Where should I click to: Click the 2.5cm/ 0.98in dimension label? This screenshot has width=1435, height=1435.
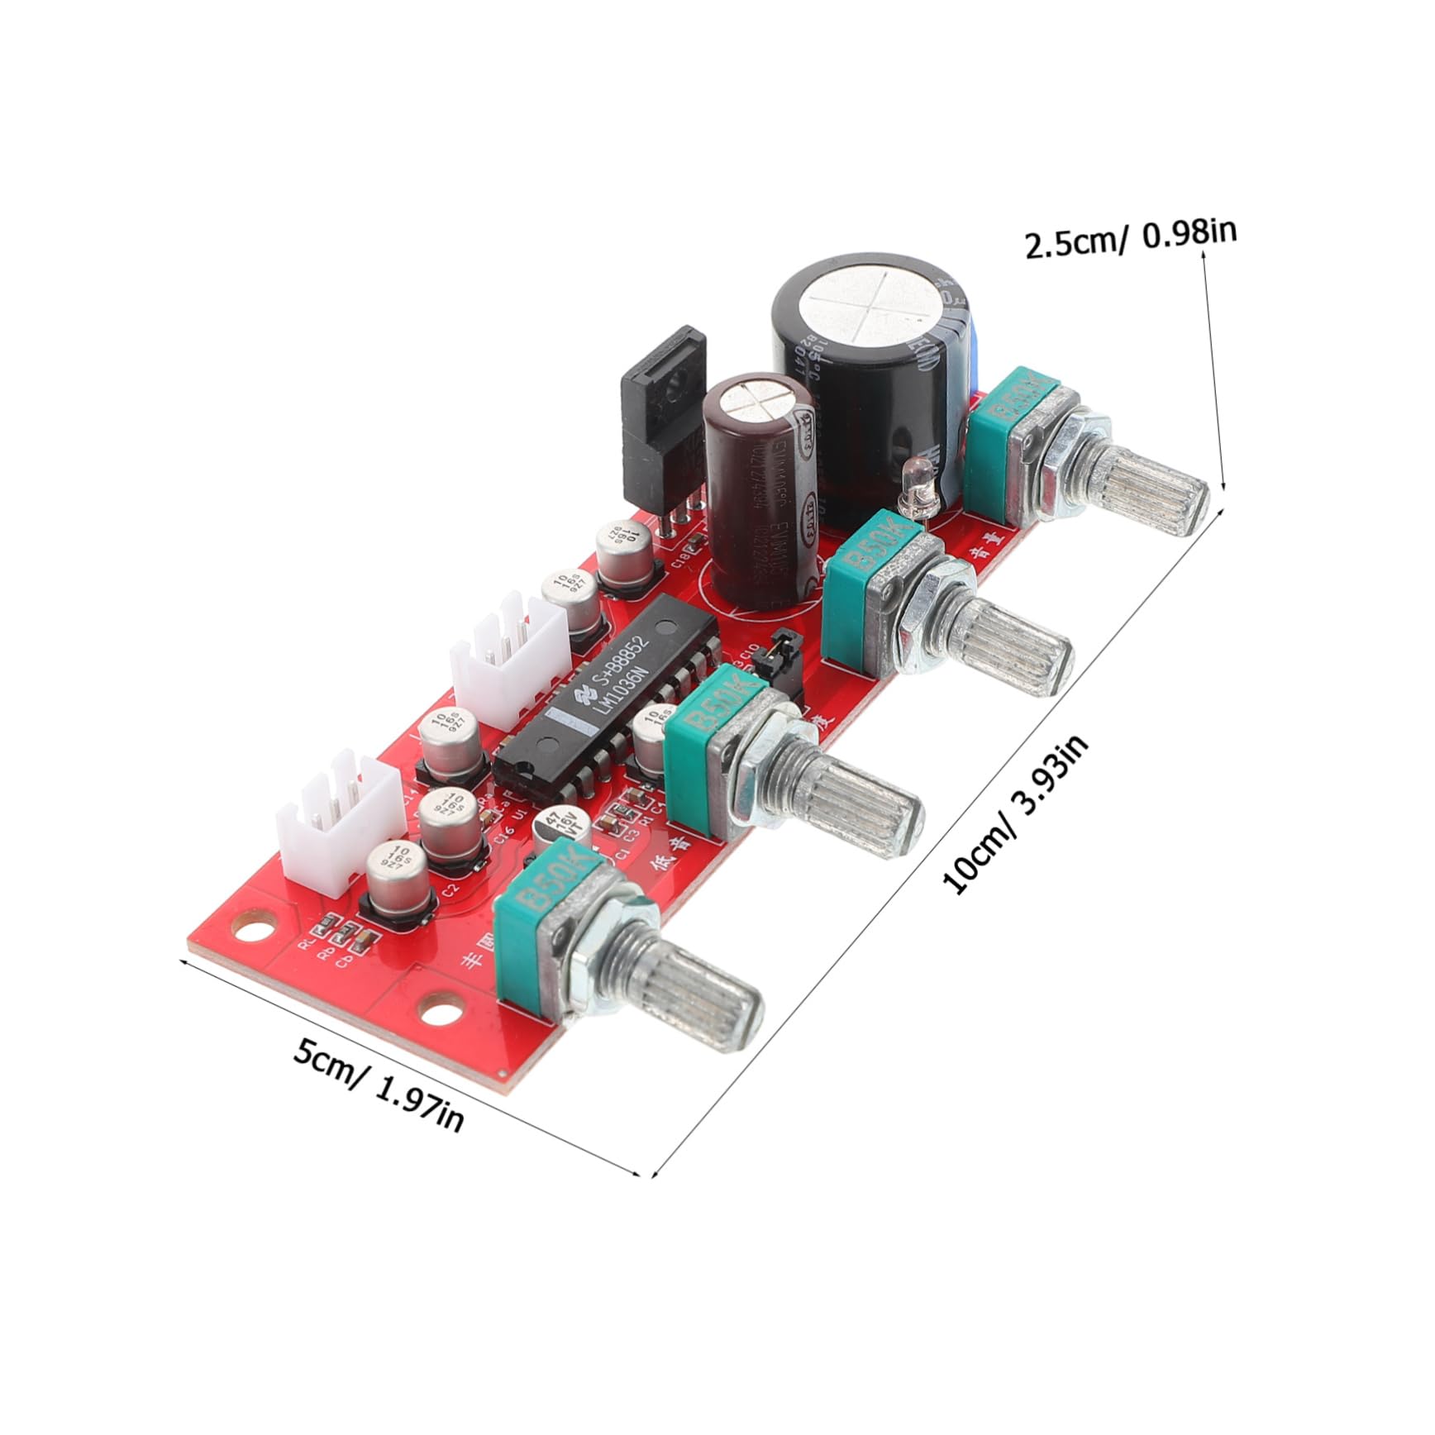coord(1130,238)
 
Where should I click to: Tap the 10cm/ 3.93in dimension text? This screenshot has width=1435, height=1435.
coord(1016,814)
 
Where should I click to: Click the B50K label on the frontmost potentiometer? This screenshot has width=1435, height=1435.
coord(547,880)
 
